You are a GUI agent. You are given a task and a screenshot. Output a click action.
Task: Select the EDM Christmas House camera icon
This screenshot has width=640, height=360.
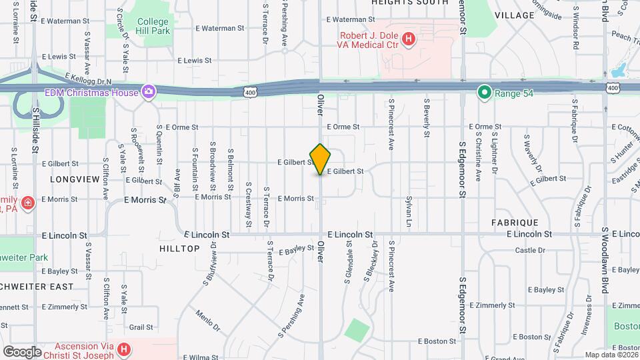[x=148, y=91]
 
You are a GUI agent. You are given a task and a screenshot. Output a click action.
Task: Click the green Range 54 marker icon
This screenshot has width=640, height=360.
[x=485, y=92]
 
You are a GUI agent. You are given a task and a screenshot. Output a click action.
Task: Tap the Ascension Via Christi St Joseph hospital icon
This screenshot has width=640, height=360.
[x=123, y=349]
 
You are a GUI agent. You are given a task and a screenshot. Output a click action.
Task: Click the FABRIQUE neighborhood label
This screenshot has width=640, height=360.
[x=514, y=222]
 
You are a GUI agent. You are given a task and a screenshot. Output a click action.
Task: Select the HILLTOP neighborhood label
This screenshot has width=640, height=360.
[x=179, y=248]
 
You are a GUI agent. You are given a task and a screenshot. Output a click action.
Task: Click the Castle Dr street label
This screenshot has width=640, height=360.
[x=530, y=251]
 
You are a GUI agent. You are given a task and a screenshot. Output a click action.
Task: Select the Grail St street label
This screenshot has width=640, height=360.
[x=141, y=327]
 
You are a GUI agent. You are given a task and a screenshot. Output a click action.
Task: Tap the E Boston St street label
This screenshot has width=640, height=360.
[x=437, y=341]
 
